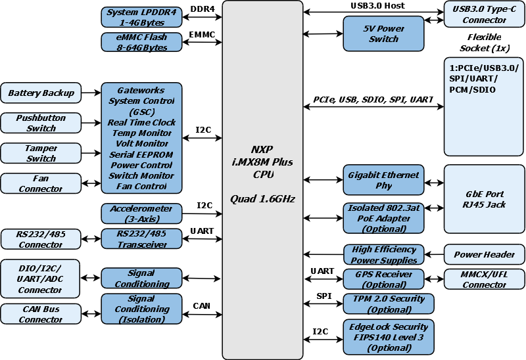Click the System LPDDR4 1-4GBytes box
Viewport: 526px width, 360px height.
(141, 16)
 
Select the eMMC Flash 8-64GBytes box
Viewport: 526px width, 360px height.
(141, 42)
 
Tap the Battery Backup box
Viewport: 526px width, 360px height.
(41, 93)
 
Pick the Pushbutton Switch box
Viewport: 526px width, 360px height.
(41, 123)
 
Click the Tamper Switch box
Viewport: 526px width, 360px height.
(41, 153)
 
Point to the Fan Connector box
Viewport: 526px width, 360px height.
(41, 183)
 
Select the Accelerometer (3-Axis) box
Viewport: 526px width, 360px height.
(141, 214)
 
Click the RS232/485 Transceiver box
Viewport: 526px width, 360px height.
(141, 238)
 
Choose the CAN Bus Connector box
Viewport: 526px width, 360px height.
(41, 314)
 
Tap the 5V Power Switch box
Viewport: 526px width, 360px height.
(383, 34)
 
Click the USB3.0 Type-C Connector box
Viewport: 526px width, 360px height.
(485, 14)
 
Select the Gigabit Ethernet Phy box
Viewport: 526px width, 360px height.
(383, 180)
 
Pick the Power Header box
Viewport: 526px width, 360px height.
(485, 255)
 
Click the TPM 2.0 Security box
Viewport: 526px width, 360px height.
(383, 304)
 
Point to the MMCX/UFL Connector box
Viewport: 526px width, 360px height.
(485, 279)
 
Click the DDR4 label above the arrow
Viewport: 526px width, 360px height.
(202, 9)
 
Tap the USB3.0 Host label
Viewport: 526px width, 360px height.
(377, 6)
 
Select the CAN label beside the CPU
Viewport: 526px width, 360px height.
(202, 305)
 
